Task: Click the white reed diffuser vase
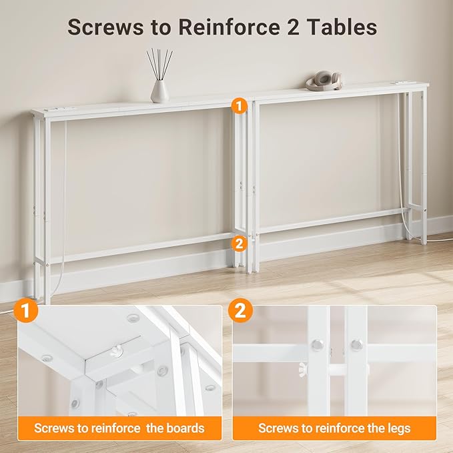pos(159,90)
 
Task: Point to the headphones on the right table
pos(324,80)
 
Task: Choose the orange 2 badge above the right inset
pos(240,310)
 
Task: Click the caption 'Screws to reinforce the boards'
pos(119,428)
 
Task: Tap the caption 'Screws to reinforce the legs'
pos(334,428)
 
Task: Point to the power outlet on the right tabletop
pos(402,83)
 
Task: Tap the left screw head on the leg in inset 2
pos(318,345)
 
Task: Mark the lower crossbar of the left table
pos(140,247)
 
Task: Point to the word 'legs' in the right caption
pos(396,428)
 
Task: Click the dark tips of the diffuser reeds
pos(160,55)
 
